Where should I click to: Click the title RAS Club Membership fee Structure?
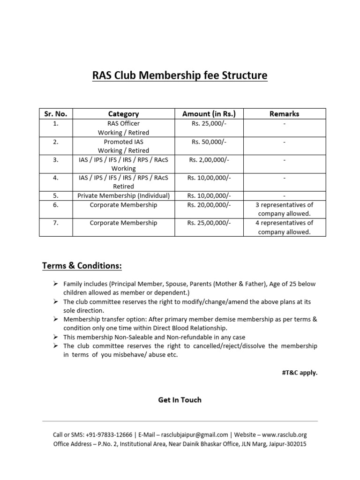pyautogui.click(x=180, y=75)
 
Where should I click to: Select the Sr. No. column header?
pyautogui.click(x=56, y=113)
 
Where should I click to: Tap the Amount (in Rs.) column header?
pyautogui.click(x=209, y=113)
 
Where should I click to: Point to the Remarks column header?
pyautogui.click(x=284, y=113)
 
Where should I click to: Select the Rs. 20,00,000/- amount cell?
pyautogui.click(x=209, y=205)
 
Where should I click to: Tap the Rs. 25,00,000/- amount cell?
pyautogui.click(x=209, y=223)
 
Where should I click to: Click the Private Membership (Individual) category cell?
pyautogui.click(x=123, y=195)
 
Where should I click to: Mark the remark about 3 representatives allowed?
pyautogui.click(x=284, y=209)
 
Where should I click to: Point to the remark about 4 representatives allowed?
pyautogui.click(x=284, y=227)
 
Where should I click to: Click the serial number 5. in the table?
pyautogui.click(x=56, y=195)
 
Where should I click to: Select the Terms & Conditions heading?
pyautogui.click(x=82, y=266)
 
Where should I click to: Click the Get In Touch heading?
pyautogui.click(x=180, y=400)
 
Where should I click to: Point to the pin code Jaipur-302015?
pyautogui.click(x=286, y=444)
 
